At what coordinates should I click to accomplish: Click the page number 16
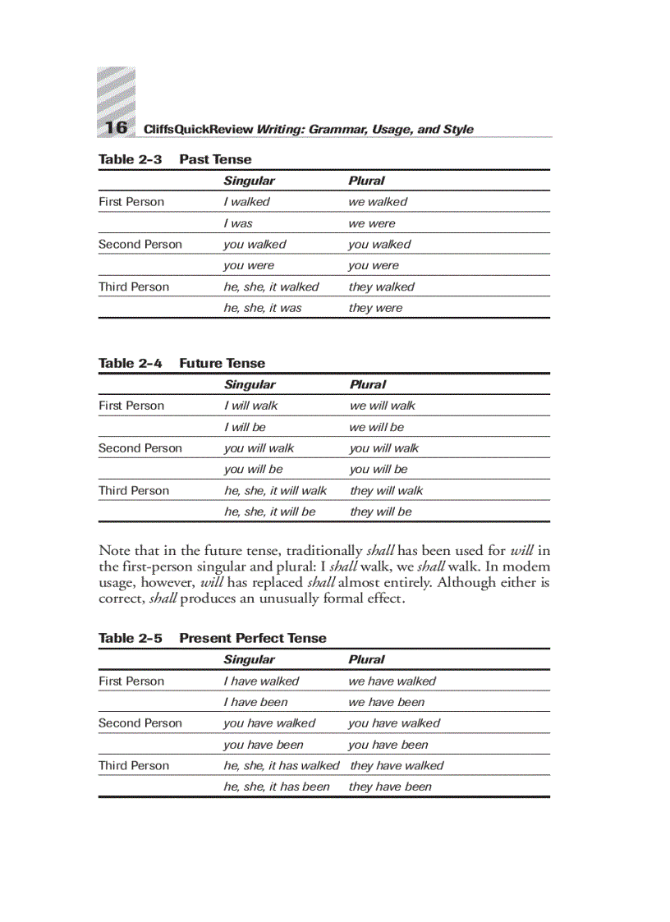tap(116, 127)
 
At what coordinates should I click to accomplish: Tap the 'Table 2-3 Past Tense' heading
tap(175, 159)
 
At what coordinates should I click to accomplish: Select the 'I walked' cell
tap(246, 202)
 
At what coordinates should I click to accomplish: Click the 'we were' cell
tap(371, 223)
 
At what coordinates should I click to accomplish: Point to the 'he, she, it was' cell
tap(262, 309)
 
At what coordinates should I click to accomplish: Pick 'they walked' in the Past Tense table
tap(381, 287)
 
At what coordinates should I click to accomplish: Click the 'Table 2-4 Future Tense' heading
tap(181, 363)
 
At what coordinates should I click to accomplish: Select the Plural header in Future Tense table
tap(367, 384)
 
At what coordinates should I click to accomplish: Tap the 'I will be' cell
tap(245, 427)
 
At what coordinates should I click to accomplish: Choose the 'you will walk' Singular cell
tap(259, 448)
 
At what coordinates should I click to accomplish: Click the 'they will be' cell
tap(380, 511)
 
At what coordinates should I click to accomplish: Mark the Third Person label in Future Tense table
tap(134, 491)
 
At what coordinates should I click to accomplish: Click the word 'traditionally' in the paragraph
tap(324, 551)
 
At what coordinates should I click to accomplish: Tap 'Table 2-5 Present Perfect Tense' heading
tap(212, 638)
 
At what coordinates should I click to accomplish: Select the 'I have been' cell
tap(255, 703)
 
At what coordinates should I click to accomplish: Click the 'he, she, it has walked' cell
tap(281, 766)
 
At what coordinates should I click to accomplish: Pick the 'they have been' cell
tap(390, 787)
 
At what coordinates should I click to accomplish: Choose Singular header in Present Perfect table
tap(249, 659)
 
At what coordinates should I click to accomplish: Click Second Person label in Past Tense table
tap(140, 245)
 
